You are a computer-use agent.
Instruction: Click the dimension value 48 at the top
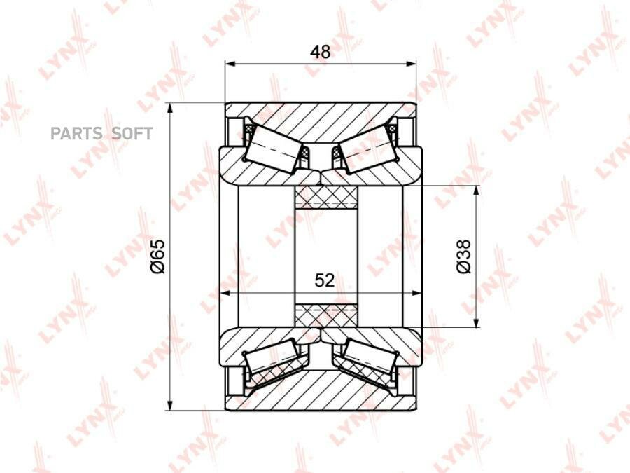click(x=320, y=52)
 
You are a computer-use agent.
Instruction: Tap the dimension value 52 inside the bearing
click(x=325, y=280)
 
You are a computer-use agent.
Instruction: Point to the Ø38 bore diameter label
click(x=463, y=256)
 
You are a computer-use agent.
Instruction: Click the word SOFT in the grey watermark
click(x=132, y=134)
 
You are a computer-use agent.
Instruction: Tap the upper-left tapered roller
click(x=273, y=149)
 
